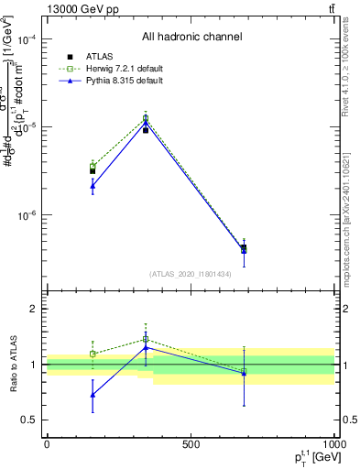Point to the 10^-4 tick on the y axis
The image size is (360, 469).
(x=27, y=40)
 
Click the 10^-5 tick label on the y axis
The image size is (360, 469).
(x=27, y=127)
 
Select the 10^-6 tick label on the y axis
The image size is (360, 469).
(x=27, y=215)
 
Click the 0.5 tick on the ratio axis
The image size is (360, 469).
(x=30, y=420)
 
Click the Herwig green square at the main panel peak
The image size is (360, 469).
(x=146, y=118)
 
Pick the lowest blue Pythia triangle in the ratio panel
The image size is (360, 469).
(x=93, y=395)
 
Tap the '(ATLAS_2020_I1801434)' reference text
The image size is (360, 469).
(x=191, y=274)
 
